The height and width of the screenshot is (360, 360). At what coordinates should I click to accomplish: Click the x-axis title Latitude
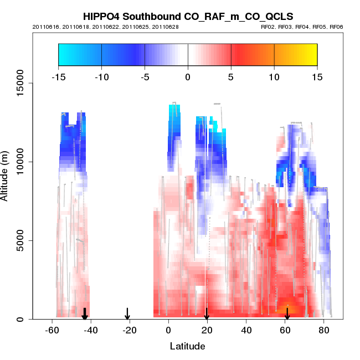[187, 347]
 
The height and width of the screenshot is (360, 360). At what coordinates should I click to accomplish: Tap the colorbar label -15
[58, 76]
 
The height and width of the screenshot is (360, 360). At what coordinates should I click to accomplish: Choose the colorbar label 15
[317, 76]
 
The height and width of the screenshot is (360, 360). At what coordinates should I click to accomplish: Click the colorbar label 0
[188, 76]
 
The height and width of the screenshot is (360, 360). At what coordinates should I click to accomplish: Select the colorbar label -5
[145, 76]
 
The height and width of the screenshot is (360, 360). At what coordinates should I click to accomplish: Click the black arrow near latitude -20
[127, 314]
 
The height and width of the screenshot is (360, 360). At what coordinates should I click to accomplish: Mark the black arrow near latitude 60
[287, 314]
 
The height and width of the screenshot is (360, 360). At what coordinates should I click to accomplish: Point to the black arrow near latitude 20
[207, 314]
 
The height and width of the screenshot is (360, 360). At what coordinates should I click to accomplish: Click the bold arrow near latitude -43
[85, 314]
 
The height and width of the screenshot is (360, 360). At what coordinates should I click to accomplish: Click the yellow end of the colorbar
[311, 54]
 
